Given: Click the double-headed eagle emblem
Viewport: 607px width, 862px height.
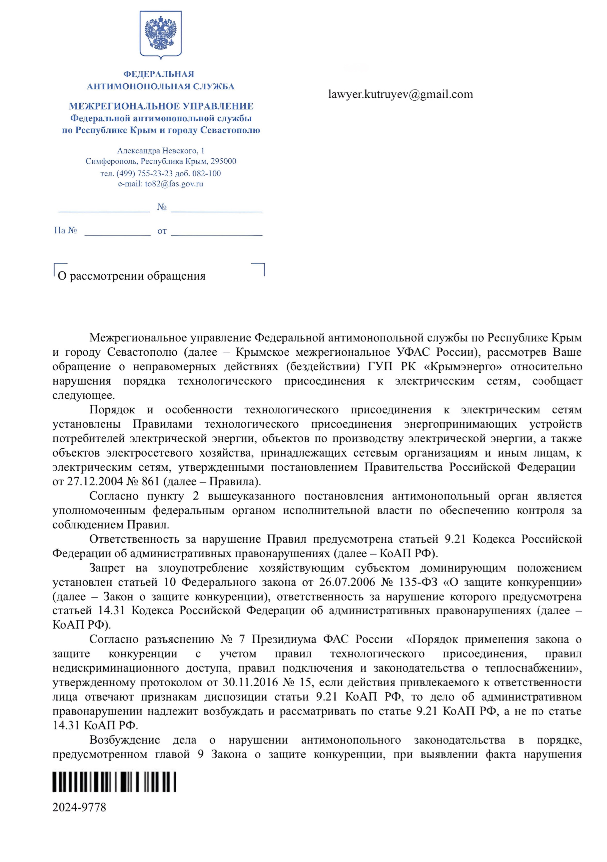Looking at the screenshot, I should [160, 34].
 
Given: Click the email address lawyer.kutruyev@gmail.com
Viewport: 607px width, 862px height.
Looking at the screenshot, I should [400, 94].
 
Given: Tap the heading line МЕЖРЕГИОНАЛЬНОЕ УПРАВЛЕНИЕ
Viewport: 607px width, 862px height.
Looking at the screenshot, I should [161, 106].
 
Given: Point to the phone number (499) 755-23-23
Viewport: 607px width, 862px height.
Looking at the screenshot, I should [144, 174].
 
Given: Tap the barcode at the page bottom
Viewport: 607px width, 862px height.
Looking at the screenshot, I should [114, 782].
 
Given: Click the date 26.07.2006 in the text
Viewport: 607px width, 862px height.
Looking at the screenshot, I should [347, 582].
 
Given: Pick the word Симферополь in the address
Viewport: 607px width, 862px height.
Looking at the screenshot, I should [111, 161].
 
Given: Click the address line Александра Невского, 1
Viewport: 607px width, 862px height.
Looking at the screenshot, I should [160, 151].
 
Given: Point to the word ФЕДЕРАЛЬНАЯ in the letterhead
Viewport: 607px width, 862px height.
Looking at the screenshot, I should [159, 74].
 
